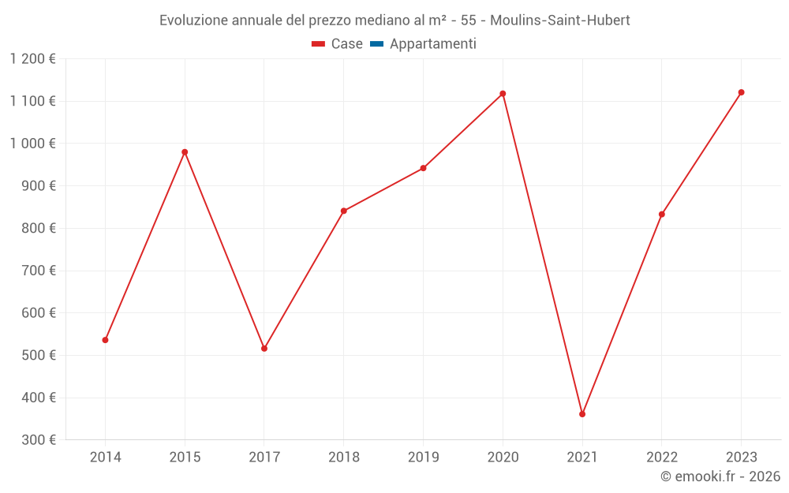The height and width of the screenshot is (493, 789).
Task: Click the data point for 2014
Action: (x=105, y=340)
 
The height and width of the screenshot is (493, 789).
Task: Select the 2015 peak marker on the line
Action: (x=185, y=152)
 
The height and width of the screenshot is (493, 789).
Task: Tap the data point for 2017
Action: (x=264, y=349)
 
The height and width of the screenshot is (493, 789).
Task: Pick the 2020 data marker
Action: (x=503, y=94)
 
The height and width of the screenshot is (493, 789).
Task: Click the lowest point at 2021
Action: (x=582, y=414)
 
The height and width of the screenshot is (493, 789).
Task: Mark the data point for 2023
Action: (x=741, y=92)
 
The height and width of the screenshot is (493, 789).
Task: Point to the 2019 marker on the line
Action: (x=423, y=168)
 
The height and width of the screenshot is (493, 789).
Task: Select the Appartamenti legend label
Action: (x=432, y=44)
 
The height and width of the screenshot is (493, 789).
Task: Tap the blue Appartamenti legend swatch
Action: (x=376, y=44)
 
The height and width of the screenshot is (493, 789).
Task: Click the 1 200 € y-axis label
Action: (x=32, y=59)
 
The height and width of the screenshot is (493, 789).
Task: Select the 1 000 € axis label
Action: (x=32, y=144)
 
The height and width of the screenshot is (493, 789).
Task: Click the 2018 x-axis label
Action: (x=344, y=458)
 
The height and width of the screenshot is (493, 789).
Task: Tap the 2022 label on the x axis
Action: (x=661, y=458)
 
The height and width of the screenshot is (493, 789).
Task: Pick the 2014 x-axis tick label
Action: (x=105, y=458)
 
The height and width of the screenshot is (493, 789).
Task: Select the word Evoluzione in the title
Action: (x=193, y=21)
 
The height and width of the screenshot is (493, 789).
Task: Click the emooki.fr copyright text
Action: (x=720, y=476)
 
